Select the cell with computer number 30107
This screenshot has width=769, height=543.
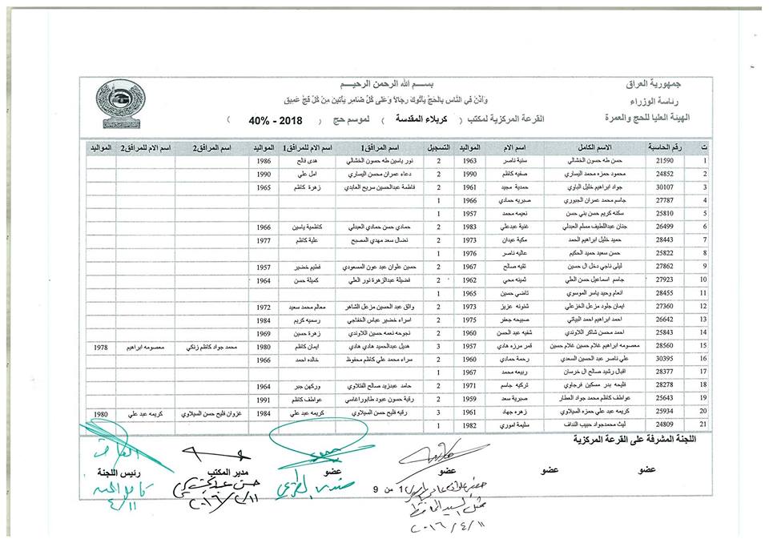tap(665, 187)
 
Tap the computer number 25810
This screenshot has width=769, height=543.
tap(665, 214)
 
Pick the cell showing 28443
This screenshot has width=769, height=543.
tap(665, 239)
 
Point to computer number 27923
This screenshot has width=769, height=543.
tap(665, 280)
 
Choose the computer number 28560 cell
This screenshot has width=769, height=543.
tap(665, 345)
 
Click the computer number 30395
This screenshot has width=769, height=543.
tap(665, 358)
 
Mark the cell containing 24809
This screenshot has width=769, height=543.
tap(665, 424)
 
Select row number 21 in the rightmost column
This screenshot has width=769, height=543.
tap(704, 424)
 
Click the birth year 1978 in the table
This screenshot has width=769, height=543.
tap(101, 345)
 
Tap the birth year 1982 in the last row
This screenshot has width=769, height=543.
tap(472, 424)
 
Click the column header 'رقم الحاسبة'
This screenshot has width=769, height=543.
tap(665, 148)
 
